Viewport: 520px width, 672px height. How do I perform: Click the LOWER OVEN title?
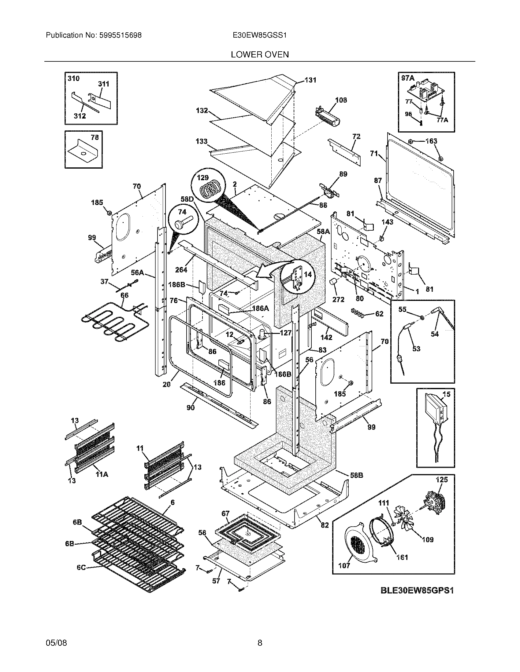[x=260, y=55]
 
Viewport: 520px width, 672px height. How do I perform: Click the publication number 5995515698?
[x=120, y=35]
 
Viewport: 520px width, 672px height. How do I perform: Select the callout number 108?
[x=341, y=100]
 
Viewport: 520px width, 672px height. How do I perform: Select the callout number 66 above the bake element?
[x=124, y=295]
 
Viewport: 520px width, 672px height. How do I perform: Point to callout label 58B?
[x=356, y=475]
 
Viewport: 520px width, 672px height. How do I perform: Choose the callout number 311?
[x=103, y=84]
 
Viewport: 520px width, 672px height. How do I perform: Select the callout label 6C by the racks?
[x=81, y=568]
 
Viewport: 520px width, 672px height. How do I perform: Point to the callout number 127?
[x=285, y=333]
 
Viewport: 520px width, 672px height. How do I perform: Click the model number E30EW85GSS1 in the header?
[x=260, y=35]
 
